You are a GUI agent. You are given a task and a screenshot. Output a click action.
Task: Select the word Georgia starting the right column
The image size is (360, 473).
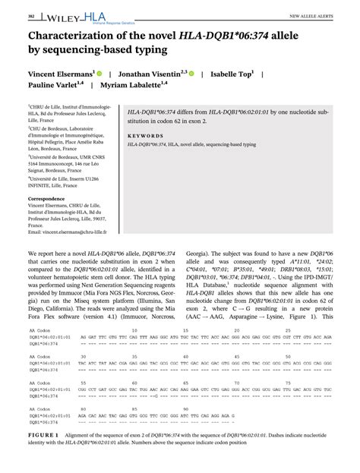coord(196,251)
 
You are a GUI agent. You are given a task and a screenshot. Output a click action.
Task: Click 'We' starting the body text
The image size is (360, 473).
coord(33,251)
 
